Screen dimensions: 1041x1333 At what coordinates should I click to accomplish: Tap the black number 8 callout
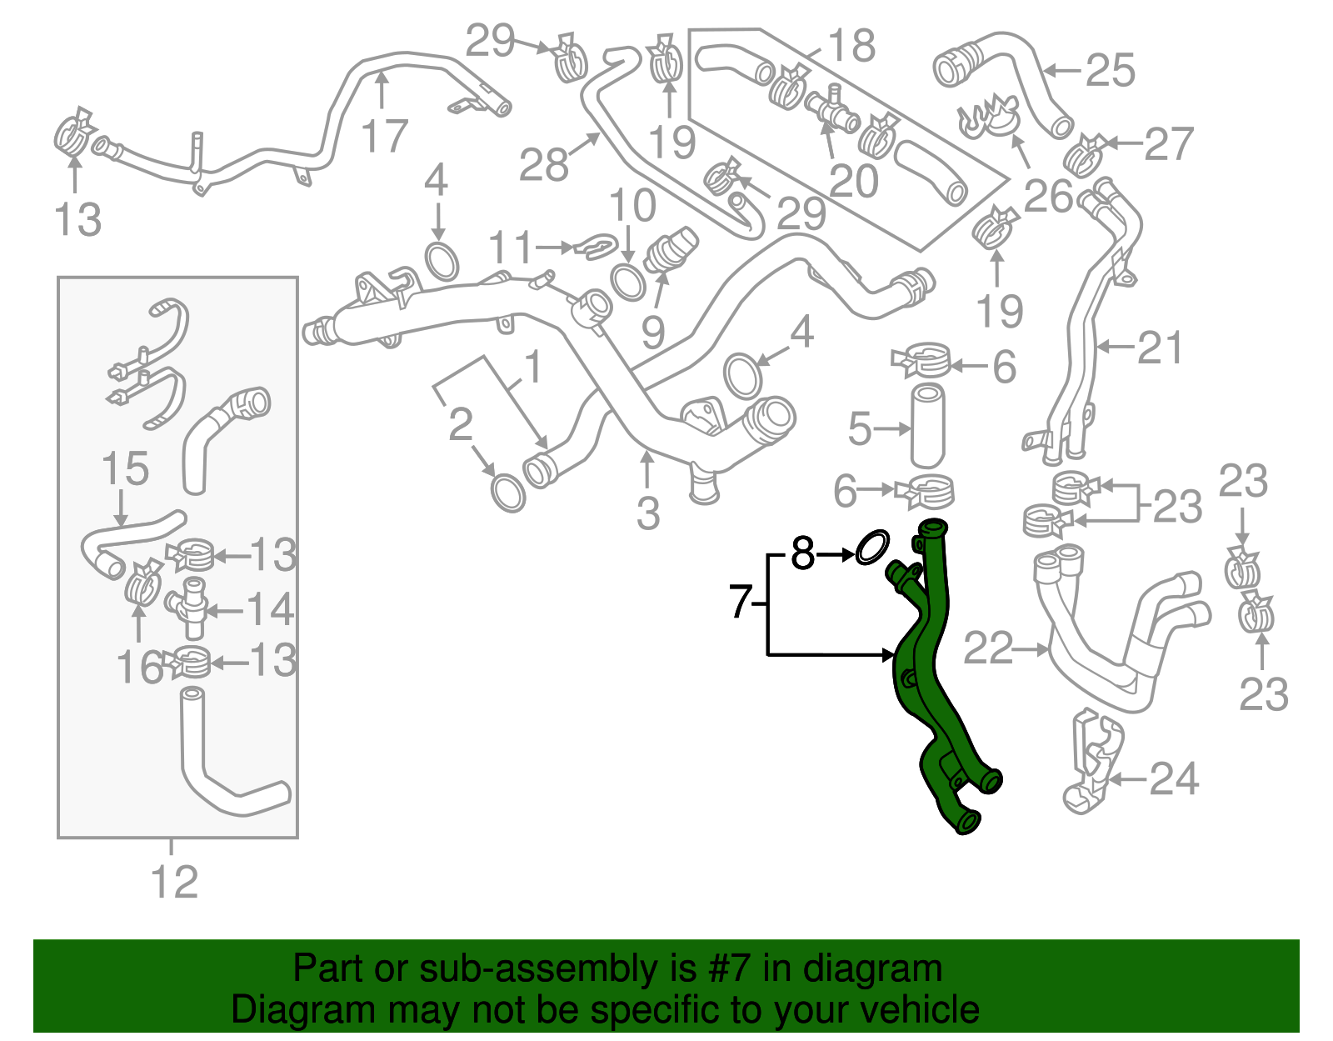(801, 553)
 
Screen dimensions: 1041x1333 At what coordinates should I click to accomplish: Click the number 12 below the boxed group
(174, 883)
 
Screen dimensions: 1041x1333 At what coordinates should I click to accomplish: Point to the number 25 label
(1111, 70)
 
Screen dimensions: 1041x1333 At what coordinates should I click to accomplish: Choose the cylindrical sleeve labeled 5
(927, 425)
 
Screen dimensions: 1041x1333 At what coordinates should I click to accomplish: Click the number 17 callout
(384, 136)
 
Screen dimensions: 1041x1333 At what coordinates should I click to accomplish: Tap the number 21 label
(1160, 348)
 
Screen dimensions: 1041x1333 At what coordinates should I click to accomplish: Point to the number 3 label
(648, 513)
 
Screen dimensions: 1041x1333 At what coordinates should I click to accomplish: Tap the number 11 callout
(510, 248)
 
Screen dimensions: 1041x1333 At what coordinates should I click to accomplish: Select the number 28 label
(543, 164)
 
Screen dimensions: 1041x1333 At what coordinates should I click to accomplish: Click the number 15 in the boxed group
(125, 469)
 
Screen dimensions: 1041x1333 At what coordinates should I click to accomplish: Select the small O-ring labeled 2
(508, 493)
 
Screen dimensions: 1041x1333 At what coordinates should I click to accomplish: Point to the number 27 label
(1168, 144)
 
